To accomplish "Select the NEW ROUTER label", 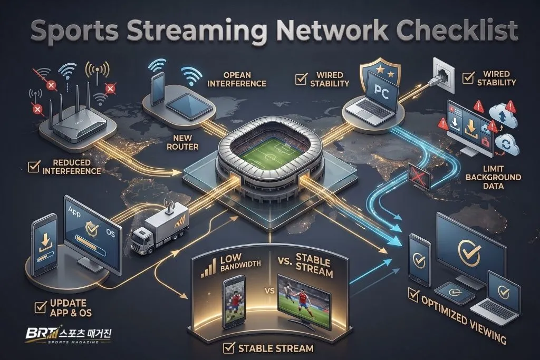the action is [182, 142].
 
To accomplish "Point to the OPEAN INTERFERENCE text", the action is [237, 80].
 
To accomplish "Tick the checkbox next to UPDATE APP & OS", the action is [41, 307].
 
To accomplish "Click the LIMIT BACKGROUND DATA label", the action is [493, 177].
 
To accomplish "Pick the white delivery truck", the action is [160, 227].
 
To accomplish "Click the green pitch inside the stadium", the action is [268, 155].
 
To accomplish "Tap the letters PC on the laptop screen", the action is [382, 92].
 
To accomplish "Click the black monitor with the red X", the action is [419, 177].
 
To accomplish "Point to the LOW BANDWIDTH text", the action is [240, 263].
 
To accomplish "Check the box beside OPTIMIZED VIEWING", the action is [413, 295].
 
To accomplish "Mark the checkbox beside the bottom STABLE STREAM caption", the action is [229, 348].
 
